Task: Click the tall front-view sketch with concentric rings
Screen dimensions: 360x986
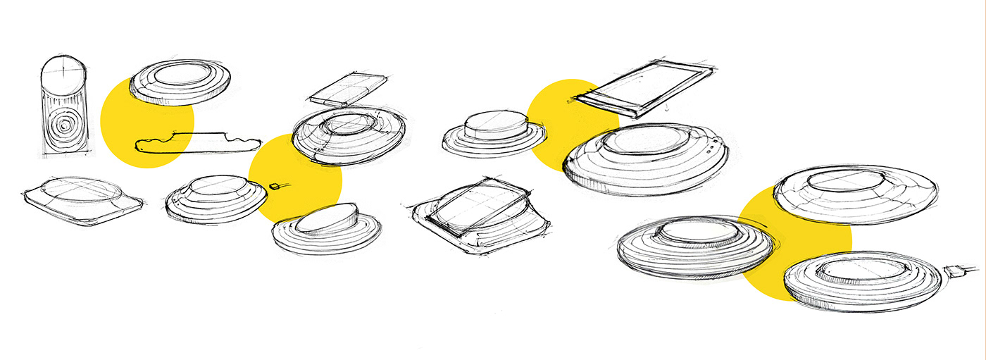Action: (64, 106)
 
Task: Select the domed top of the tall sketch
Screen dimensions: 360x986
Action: (64, 72)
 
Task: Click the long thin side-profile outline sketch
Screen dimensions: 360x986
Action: (197, 141)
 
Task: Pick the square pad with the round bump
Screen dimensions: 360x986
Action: (82, 199)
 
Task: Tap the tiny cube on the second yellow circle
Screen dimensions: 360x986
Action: (275, 186)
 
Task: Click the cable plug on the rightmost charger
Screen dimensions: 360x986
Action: (956, 271)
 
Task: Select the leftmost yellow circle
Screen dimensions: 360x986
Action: (146, 121)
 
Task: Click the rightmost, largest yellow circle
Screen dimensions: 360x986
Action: (796, 243)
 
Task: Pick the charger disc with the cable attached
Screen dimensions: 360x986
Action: (862, 280)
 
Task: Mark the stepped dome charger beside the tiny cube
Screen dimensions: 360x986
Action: (216, 199)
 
